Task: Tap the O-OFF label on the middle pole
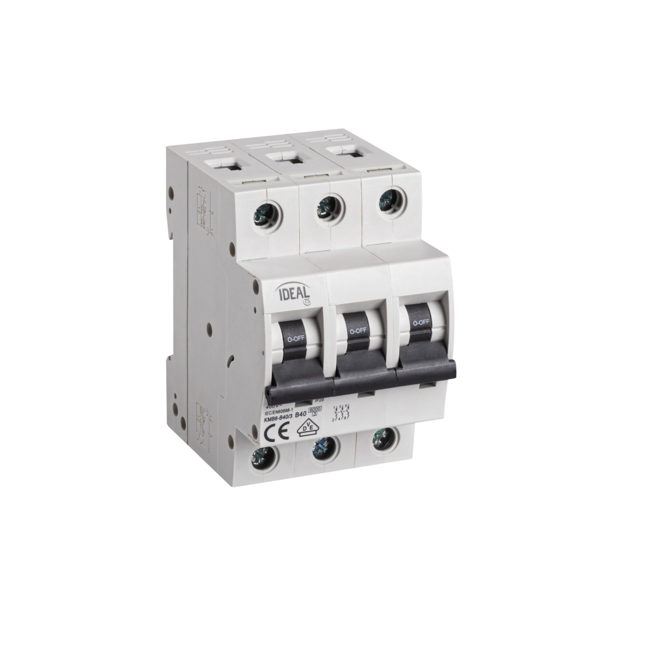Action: [358, 331]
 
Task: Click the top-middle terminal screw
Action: [328, 206]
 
